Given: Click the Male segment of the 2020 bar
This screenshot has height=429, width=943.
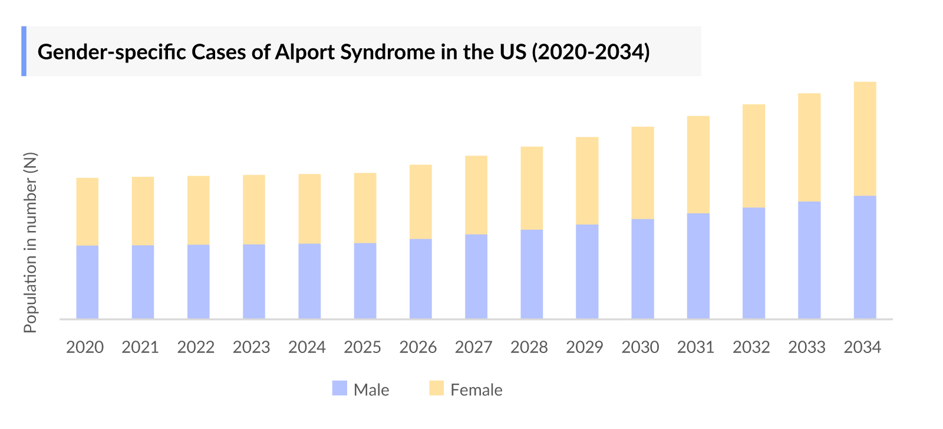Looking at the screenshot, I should tap(87, 282).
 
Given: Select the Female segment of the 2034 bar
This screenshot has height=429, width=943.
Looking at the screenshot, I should tap(865, 138).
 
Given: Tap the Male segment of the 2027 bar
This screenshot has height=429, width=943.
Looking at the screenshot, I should tap(476, 276).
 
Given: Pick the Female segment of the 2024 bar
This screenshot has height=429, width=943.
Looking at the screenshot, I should tap(309, 209).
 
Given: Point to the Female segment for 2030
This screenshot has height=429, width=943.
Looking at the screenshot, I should tap(642, 173).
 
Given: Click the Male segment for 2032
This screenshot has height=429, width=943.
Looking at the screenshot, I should tap(754, 263).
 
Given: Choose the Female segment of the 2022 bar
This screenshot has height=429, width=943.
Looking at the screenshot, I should tap(198, 210).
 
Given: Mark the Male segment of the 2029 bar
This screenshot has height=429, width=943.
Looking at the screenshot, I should tap(587, 271).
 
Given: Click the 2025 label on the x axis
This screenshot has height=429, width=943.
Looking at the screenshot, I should tap(362, 347).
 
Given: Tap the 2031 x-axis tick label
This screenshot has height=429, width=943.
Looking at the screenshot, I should tap(695, 347).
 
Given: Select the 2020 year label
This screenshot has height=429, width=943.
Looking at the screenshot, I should tap(85, 347).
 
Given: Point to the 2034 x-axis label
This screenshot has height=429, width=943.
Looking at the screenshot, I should tap(862, 347).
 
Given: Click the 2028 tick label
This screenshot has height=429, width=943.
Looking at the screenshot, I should tap(529, 347).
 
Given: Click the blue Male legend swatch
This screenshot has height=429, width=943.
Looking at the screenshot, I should tap(339, 388).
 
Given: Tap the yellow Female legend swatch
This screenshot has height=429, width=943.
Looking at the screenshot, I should tap(436, 388).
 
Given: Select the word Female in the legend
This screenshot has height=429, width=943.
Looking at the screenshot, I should tap(476, 390).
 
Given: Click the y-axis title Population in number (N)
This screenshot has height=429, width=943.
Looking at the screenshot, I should tap(30, 242).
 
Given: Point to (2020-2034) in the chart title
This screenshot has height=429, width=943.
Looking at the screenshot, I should tap(591, 52).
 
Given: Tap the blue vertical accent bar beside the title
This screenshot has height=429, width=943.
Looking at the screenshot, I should tap(24, 51).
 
